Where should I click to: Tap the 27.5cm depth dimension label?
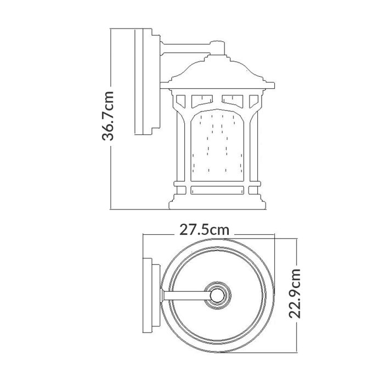tap(205, 231)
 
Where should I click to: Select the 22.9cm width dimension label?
tap(297, 293)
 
